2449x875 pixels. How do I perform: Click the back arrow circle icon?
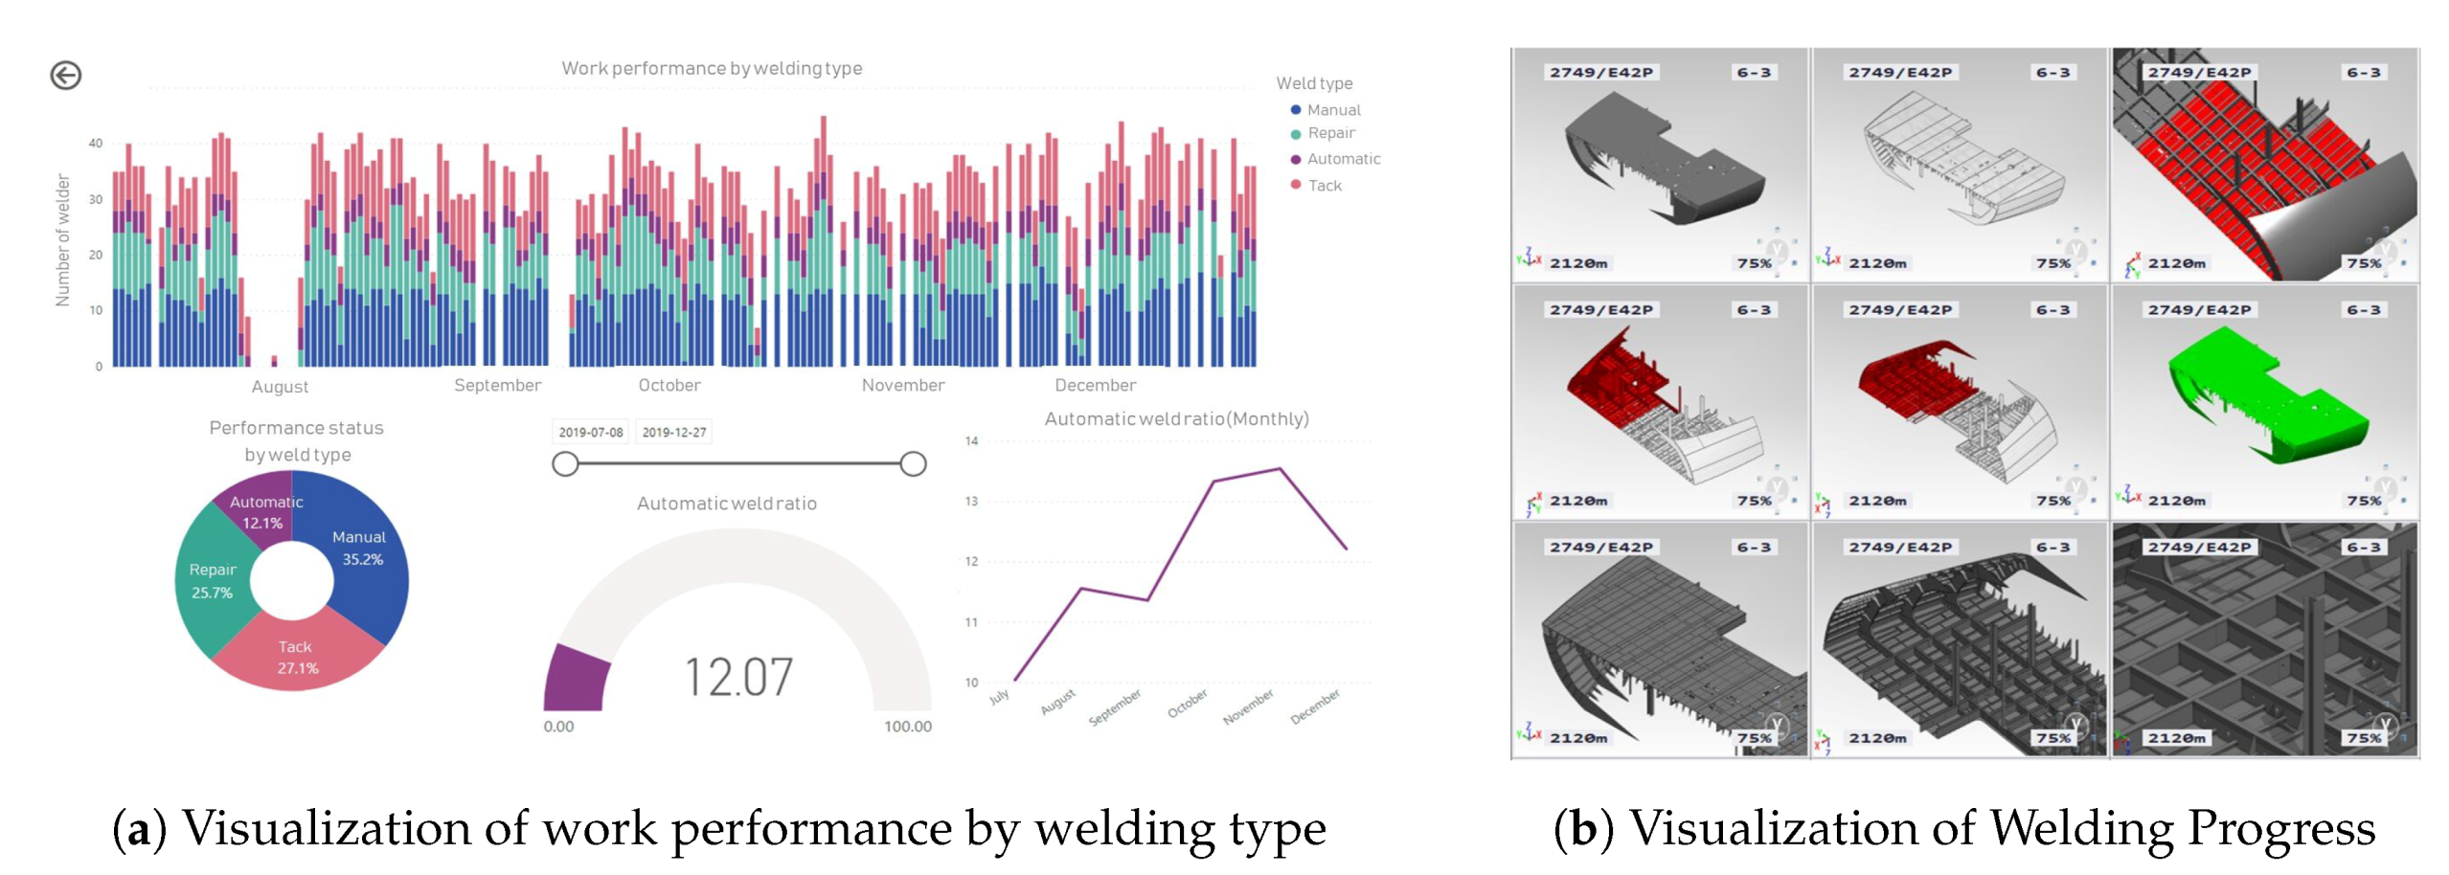point(65,76)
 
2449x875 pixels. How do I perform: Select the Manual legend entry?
point(1332,110)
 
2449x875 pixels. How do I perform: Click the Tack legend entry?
point(1324,186)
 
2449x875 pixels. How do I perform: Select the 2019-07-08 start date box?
point(590,432)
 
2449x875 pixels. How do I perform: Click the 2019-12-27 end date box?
point(673,432)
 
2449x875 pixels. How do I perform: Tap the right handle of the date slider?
point(912,464)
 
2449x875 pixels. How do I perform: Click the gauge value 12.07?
point(737,677)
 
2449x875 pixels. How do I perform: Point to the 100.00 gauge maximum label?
point(906,727)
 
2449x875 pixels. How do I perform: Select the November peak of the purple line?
point(1278,469)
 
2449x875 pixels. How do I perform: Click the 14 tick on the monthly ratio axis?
point(971,441)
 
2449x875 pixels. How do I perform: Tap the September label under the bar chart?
point(497,385)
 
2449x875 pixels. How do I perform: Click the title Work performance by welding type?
point(711,68)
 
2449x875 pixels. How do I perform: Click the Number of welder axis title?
point(63,240)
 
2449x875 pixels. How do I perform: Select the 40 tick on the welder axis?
point(95,144)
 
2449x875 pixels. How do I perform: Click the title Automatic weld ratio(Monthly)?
point(1175,418)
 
